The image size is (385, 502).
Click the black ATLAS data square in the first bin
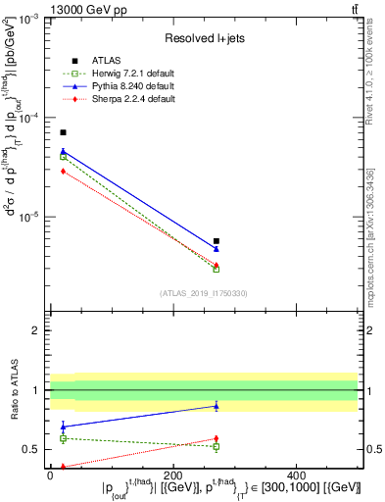pos(63,132)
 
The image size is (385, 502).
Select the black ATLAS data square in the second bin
pos(217,241)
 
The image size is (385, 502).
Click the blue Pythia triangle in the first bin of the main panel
pos(63,152)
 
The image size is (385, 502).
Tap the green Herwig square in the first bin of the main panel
pos(63,157)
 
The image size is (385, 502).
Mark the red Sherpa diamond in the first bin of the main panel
pos(63,171)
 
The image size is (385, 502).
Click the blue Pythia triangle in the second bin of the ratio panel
pos(217,405)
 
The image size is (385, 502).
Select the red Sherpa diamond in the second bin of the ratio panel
pos(217,438)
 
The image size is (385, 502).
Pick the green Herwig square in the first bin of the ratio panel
pos(63,438)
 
